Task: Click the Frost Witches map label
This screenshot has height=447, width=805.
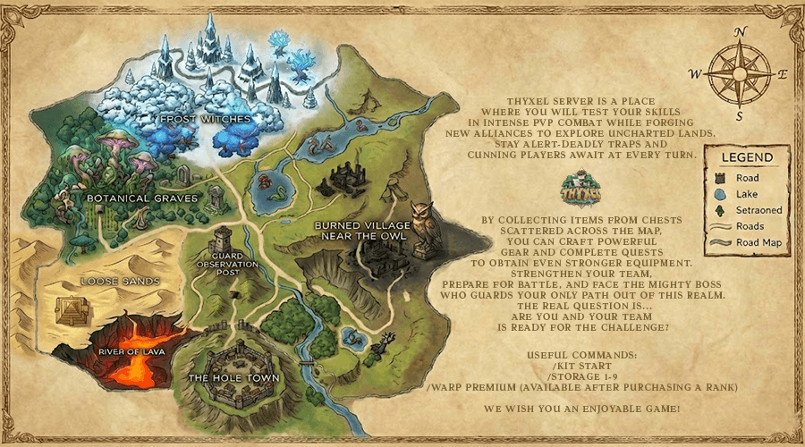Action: click(x=205, y=118)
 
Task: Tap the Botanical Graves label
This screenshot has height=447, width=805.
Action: click(x=142, y=196)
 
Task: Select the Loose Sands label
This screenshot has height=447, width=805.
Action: click(x=119, y=281)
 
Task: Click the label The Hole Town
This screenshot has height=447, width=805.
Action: click(x=233, y=378)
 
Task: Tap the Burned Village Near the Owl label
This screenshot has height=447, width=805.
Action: click(x=361, y=231)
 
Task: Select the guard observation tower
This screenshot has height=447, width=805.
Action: click(x=222, y=239)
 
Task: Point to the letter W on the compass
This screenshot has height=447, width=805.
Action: click(x=695, y=73)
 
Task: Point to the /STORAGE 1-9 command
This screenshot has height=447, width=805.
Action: click(x=583, y=377)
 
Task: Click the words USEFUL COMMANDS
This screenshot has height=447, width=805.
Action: click(x=583, y=356)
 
